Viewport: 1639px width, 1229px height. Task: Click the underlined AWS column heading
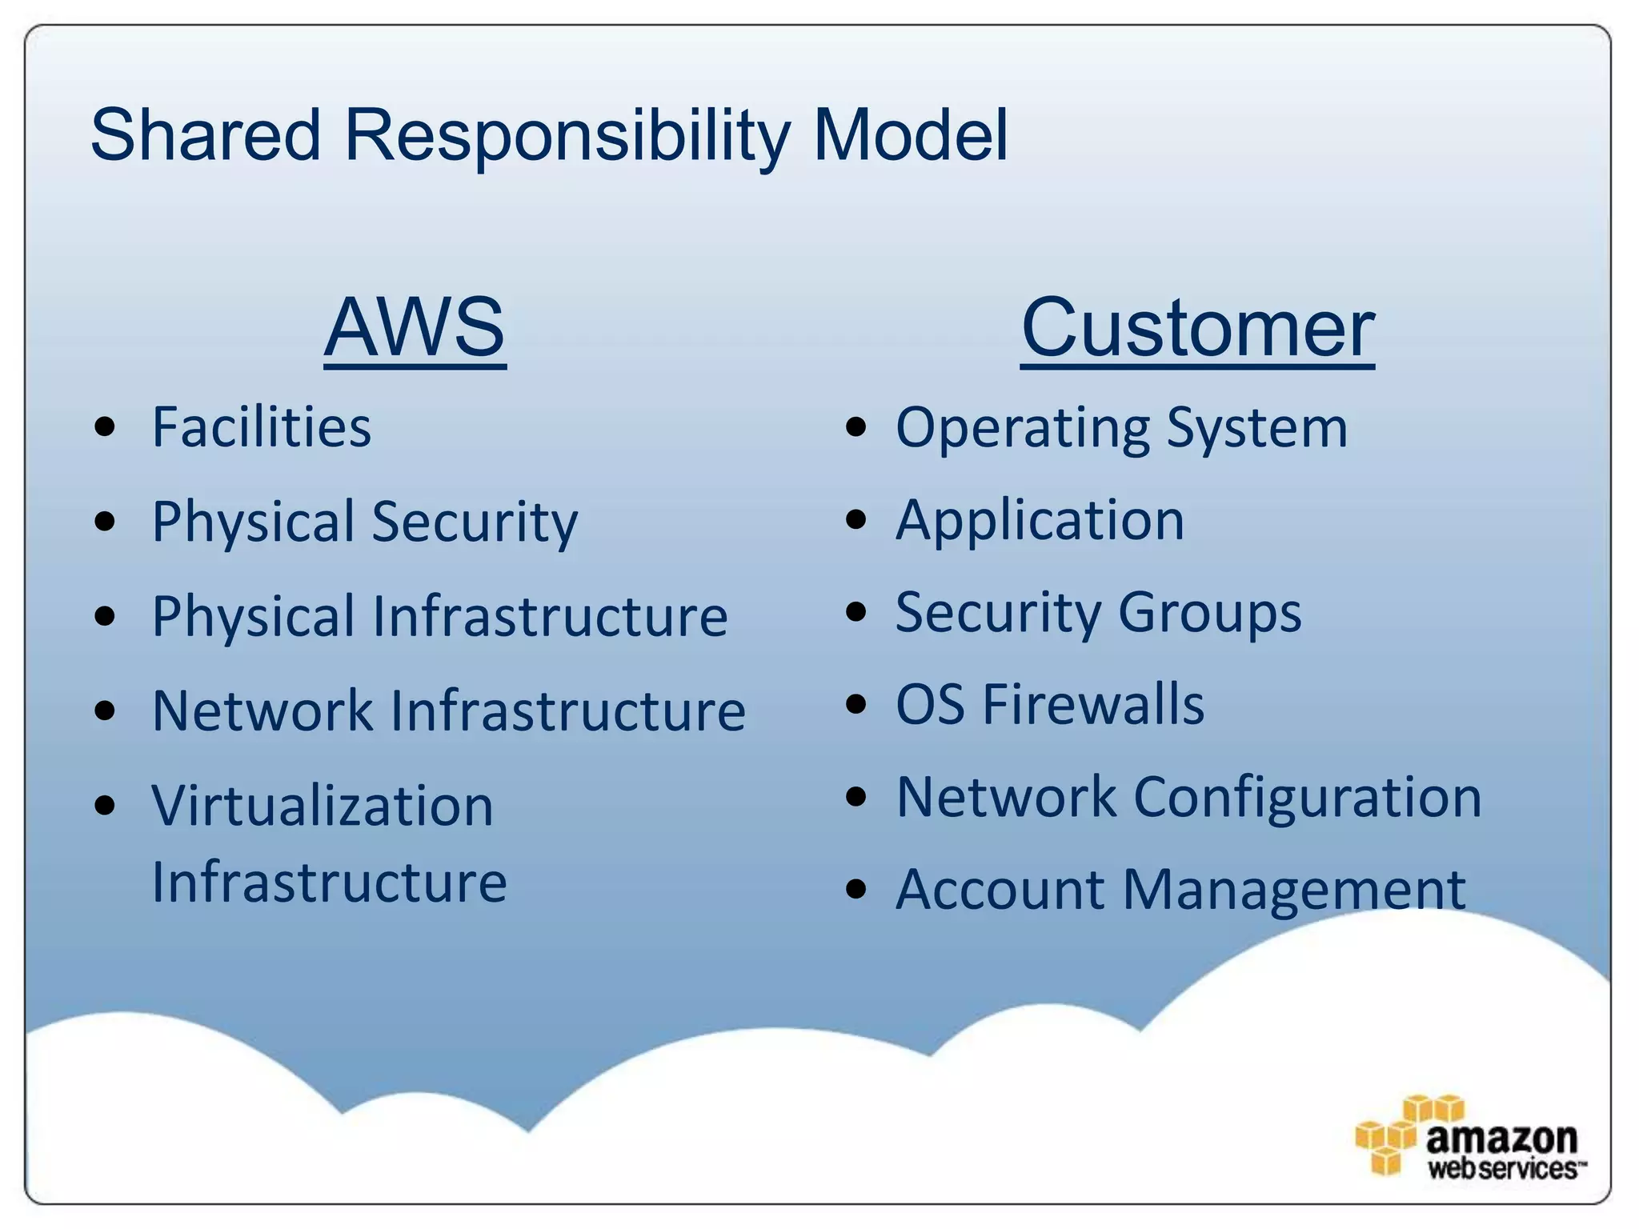415,327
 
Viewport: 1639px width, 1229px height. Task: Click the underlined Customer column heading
1197,328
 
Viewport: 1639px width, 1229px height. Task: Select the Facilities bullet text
262,427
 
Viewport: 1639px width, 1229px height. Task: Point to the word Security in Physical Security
475,522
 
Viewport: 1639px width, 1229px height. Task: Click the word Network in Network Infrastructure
262,711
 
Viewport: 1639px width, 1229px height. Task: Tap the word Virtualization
323,806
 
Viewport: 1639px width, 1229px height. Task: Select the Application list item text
1040,521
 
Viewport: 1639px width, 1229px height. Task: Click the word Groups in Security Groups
1209,613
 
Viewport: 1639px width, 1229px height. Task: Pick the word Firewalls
1092,705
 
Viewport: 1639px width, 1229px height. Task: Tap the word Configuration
1308,798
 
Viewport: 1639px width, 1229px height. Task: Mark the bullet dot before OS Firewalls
856,705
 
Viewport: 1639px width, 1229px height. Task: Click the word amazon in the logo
1501,1138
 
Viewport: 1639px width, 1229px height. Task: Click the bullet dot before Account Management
856,889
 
